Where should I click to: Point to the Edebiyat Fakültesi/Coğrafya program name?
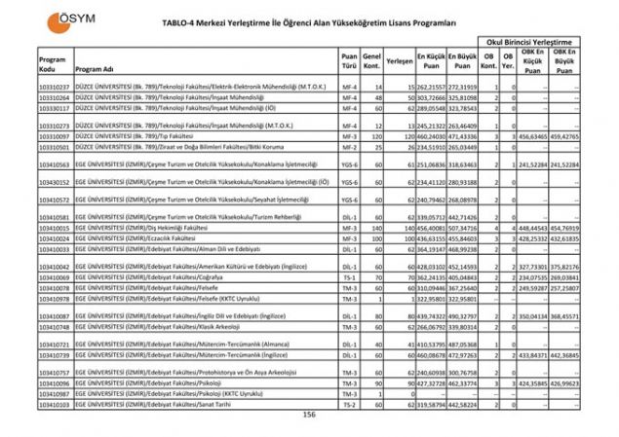(167, 277)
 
